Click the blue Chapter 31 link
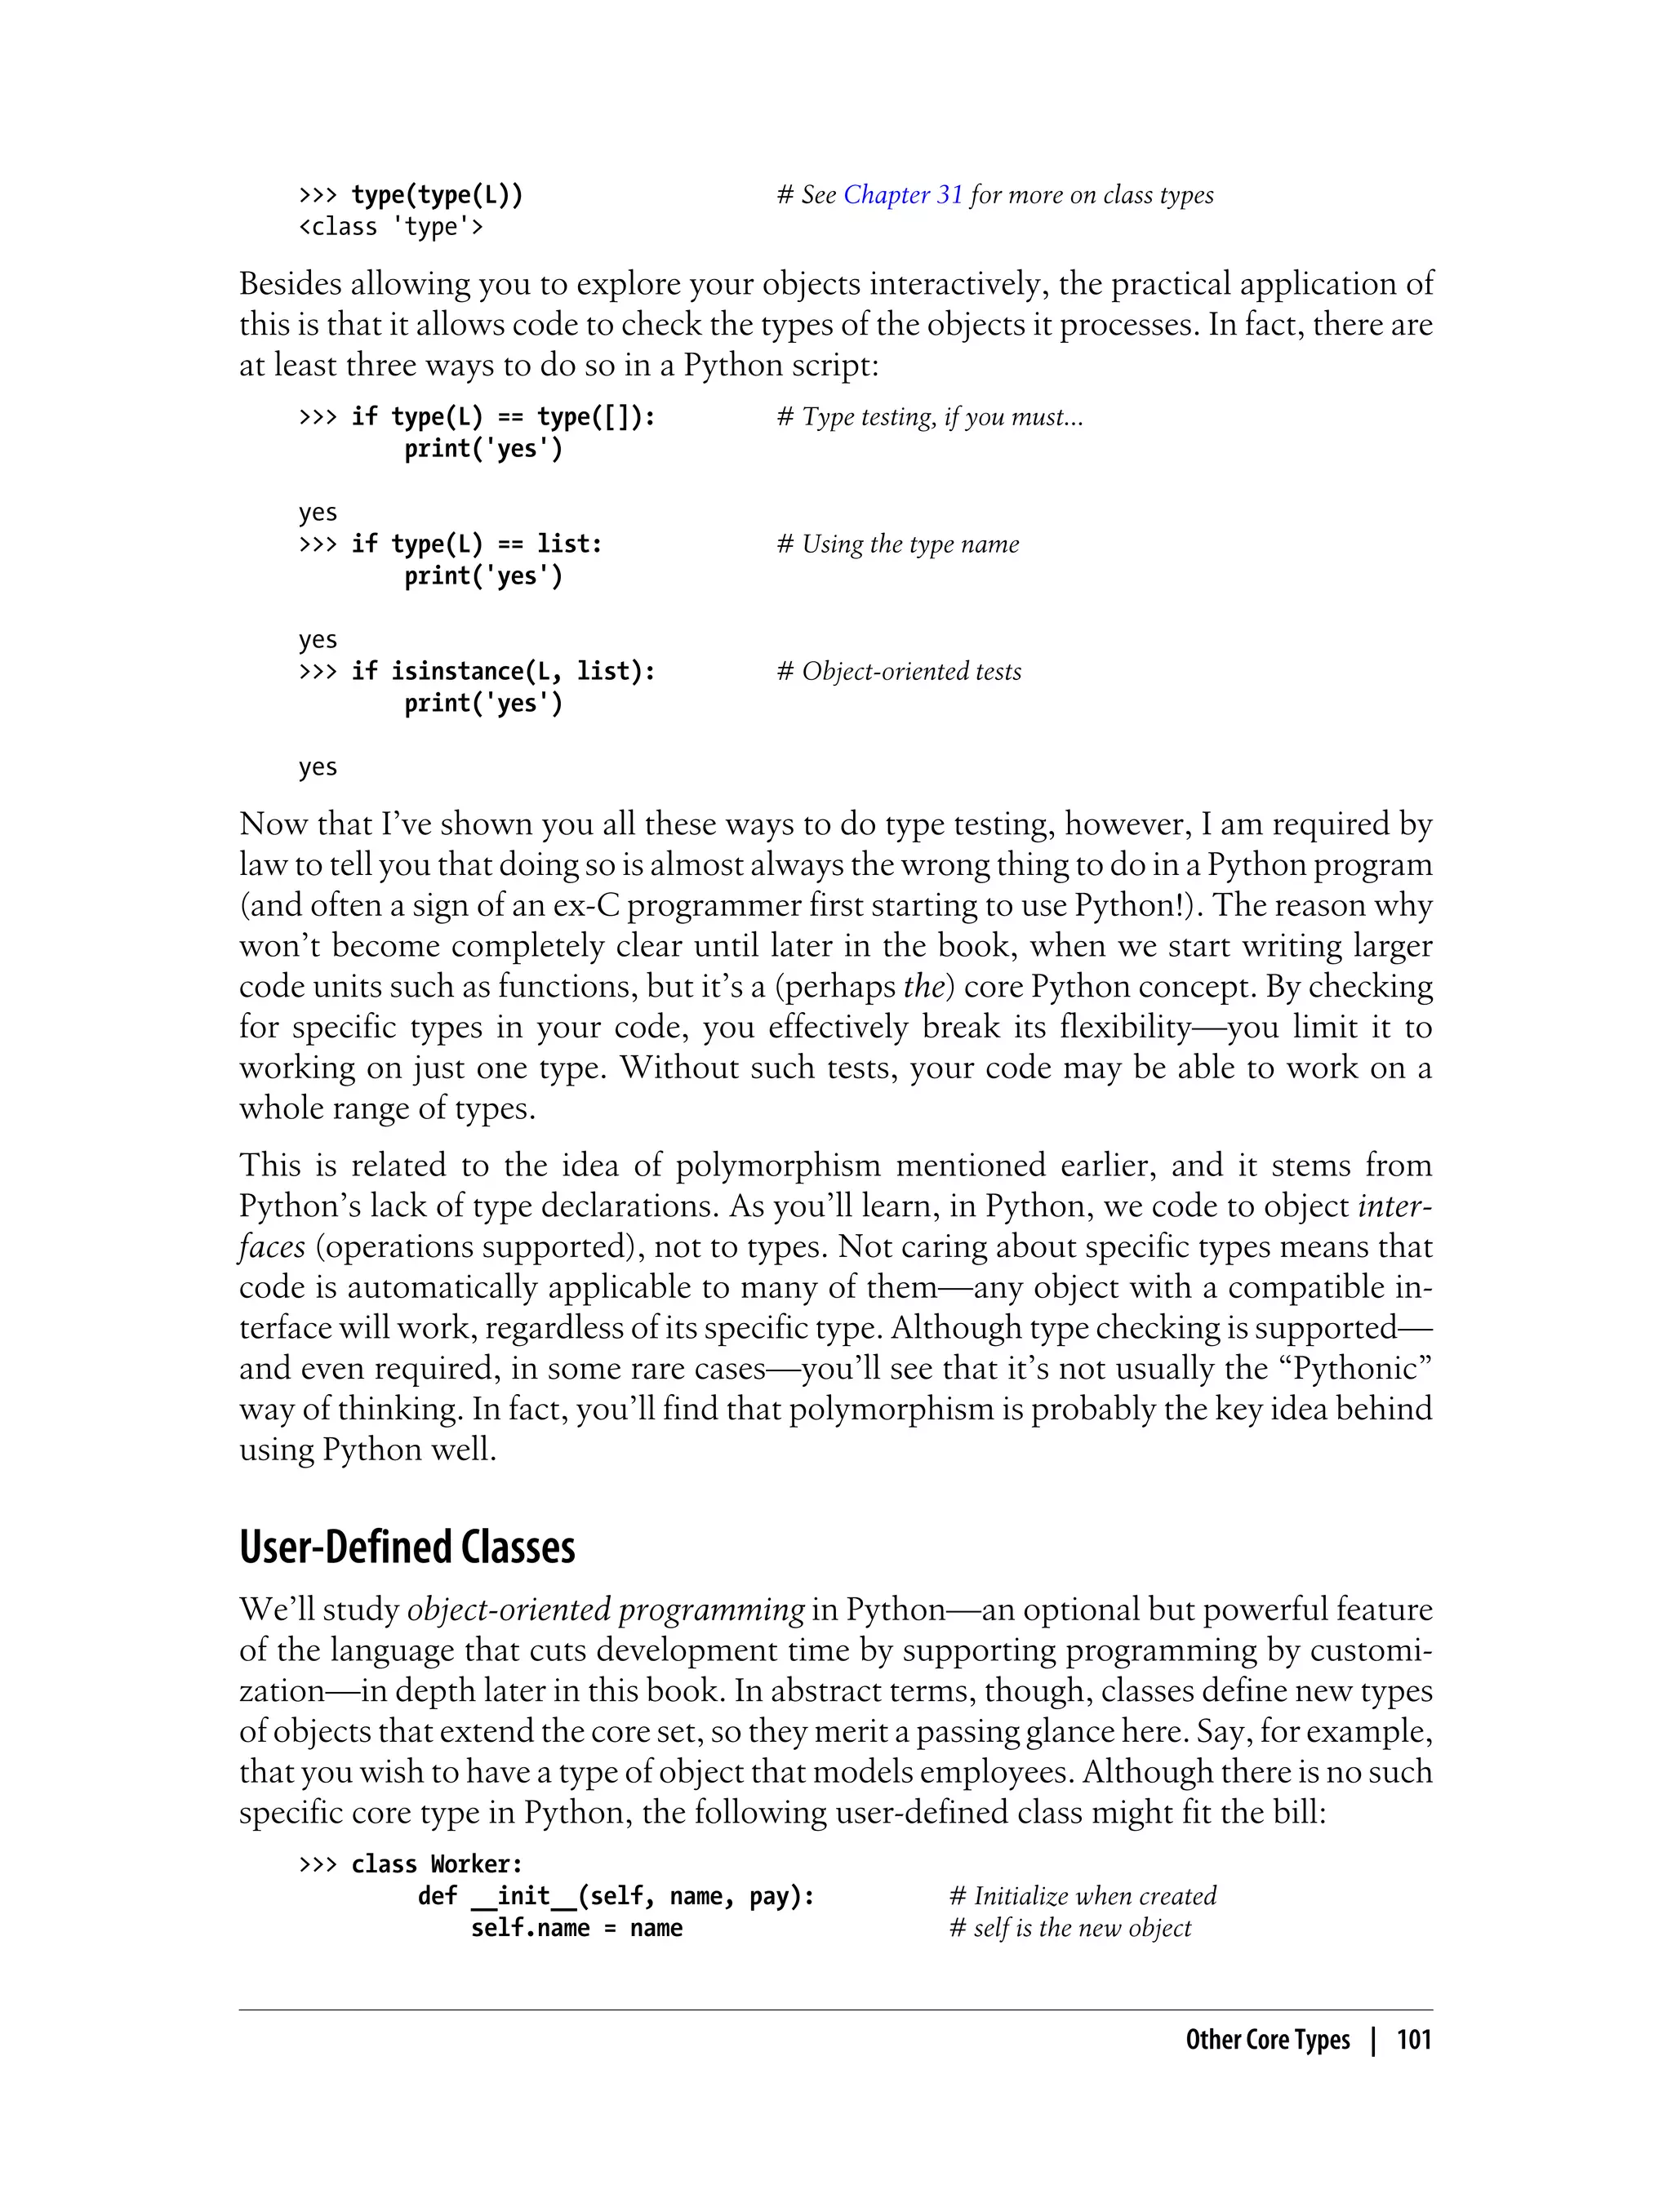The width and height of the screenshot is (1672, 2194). [x=903, y=195]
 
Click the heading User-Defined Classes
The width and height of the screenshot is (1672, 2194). [x=407, y=1548]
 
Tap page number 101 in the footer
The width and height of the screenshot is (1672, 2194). [x=1413, y=2040]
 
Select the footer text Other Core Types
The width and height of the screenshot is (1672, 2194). [x=1267, y=2040]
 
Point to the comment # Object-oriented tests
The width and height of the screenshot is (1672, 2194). [x=899, y=672]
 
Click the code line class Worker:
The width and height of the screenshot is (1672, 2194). [x=436, y=1863]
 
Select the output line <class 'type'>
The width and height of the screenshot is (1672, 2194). [x=390, y=227]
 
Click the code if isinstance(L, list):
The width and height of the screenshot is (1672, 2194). [x=503, y=672]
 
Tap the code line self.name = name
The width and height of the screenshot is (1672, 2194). [x=576, y=1927]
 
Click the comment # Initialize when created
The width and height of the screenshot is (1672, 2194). [x=1083, y=1895]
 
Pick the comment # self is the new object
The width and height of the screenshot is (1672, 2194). [x=1069, y=1927]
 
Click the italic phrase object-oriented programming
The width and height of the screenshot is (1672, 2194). [x=605, y=1610]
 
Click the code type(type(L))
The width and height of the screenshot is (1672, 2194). [x=437, y=195]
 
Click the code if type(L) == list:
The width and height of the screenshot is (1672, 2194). [x=477, y=544]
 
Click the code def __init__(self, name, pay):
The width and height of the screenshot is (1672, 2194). [x=616, y=1895]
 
